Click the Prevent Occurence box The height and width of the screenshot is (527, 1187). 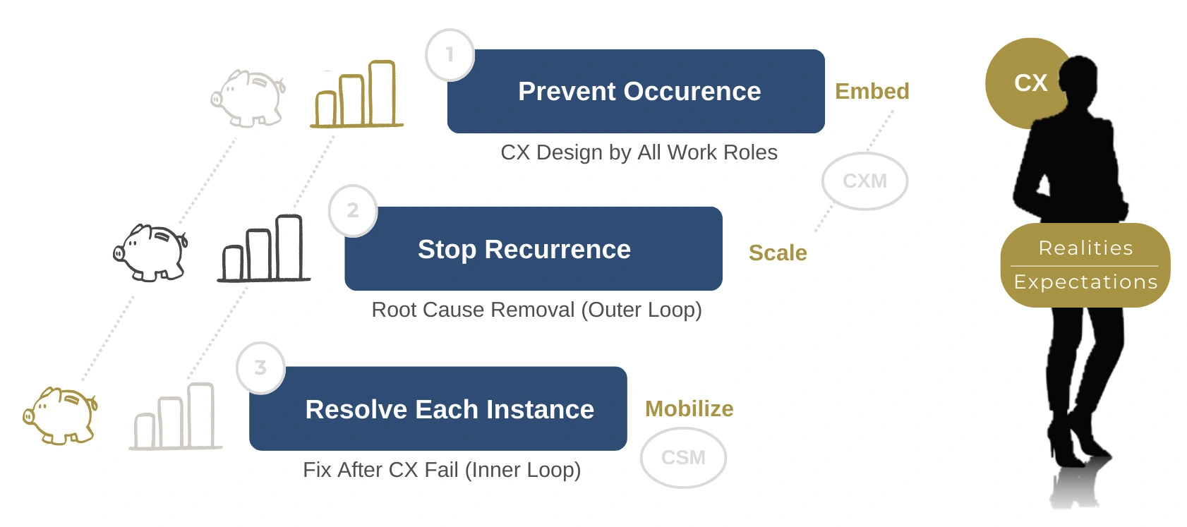(x=636, y=91)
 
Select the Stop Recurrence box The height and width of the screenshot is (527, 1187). (x=534, y=248)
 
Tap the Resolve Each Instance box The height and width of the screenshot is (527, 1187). (x=438, y=408)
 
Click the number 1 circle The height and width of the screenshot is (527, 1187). (x=450, y=54)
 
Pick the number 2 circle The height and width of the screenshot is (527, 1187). (x=353, y=210)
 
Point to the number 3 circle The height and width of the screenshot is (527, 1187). (x=260, y=368)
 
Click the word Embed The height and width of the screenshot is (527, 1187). (x=872, y=91)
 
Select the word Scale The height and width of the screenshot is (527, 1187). (x=777, y=253)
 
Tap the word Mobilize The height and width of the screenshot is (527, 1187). (x=689, y=408)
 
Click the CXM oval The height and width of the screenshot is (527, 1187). (x=864, y=181)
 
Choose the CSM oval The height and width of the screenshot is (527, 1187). (x=683, y=458)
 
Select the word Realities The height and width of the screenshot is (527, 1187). (x=1085, y=248)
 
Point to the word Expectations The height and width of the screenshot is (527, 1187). (x=1085, y=282)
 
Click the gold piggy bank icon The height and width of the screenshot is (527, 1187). (x=61, y=416)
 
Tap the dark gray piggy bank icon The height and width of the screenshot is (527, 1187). (x=151, y=253)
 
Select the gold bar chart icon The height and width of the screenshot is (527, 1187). (x=356, y=95)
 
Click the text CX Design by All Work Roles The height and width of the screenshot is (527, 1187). (x=639, y=152)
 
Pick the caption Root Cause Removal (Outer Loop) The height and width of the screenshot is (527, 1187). (x=536, y=310)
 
